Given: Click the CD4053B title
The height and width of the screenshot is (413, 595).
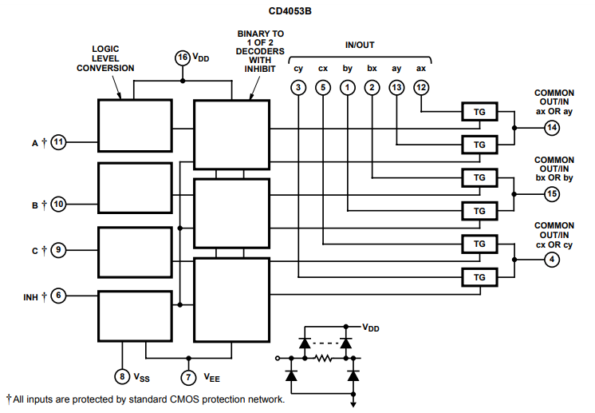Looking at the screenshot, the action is tap(290, 11).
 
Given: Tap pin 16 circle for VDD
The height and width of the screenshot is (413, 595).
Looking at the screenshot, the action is tap(183, 58).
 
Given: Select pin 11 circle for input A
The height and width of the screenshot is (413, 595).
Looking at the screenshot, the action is tap(58, 142).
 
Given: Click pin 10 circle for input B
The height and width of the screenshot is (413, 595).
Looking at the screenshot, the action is tap(58, 204).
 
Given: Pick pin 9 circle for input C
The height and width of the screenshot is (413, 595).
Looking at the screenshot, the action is tap(58, 249).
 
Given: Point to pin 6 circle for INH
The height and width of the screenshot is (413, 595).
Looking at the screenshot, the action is tap(58, 296).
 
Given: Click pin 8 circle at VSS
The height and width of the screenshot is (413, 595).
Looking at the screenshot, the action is tap(122, 376).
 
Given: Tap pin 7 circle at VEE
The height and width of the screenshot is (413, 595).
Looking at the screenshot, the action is tap(188, 377).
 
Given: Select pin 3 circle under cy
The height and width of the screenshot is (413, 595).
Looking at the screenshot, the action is tap(298, 88).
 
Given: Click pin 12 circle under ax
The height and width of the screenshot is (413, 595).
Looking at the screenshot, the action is tap(421, 88).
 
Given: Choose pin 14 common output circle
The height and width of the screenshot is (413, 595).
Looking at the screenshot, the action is tap(552, 128).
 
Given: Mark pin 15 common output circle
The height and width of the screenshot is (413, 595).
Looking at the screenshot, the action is tap(552, 194).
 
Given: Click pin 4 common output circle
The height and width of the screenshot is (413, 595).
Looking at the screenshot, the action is tap(552, 260).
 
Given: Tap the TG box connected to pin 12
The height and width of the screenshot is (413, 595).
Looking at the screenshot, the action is tap(479, 112).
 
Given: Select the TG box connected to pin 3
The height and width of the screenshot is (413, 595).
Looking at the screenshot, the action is tap(479, 277).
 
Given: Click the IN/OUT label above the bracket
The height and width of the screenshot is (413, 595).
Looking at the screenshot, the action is tap(360, 45).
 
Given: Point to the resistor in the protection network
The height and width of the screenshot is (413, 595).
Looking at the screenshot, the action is tap(324, 358).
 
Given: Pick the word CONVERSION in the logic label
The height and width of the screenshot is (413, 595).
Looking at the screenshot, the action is tap(105, 68).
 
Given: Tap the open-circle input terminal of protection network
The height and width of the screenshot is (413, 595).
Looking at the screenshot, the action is tap(278, 358).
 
